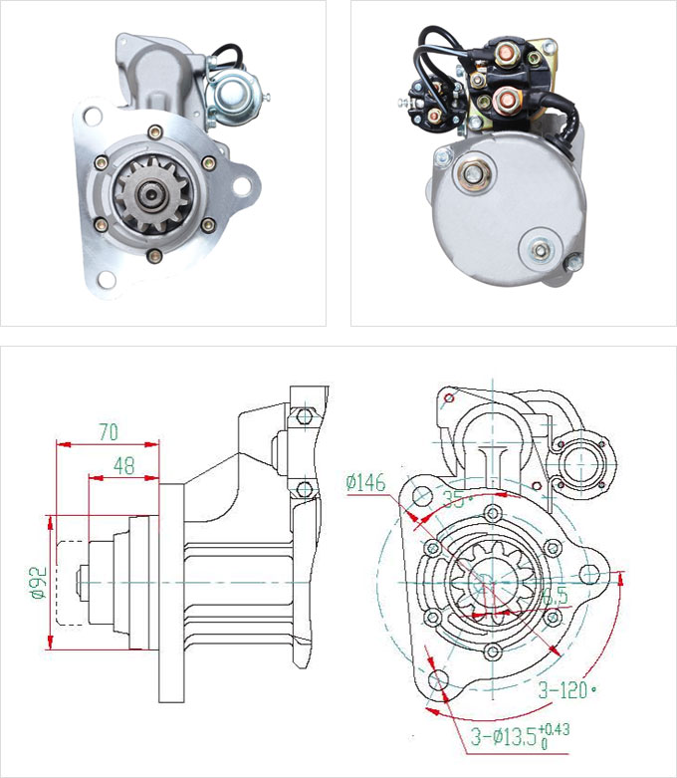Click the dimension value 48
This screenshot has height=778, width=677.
(x=123, y=464)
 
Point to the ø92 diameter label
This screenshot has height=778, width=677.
(x=39, y=581)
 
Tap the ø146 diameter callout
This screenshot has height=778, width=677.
(x=365, y=482)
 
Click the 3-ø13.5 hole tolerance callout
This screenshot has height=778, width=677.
(x=519, y=738)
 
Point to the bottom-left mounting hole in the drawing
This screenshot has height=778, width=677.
(x=441, y=682)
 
